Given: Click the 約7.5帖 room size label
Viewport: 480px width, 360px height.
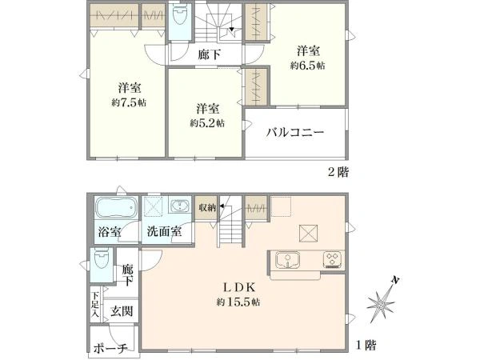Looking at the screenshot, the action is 129,102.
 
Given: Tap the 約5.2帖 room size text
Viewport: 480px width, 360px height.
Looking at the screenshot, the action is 207,123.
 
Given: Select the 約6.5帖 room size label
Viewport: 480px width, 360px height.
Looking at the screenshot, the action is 308,66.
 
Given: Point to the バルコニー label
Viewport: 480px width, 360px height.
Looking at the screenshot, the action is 294,133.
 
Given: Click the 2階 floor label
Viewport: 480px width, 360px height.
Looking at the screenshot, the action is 338,172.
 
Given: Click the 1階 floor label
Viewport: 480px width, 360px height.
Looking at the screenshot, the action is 366,346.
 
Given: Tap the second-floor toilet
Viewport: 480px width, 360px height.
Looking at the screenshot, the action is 180,17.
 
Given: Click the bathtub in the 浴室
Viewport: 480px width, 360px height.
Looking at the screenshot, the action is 116,207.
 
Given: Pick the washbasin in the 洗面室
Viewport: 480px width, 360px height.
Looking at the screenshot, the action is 180,205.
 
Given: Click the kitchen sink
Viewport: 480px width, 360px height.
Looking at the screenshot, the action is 287,260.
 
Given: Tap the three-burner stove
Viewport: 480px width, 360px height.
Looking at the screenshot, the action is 333,259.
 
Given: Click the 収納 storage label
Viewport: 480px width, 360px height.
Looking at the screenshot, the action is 207,208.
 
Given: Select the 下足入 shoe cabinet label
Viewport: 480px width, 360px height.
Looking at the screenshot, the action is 95,305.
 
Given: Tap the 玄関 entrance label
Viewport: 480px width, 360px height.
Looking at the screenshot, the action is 122,311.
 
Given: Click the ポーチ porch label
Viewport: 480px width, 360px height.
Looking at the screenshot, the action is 110,349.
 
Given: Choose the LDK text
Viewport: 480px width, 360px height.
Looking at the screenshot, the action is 238,287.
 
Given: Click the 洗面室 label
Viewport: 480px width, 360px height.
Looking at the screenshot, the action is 164,231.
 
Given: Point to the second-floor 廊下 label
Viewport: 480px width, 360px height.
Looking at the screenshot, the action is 210,54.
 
